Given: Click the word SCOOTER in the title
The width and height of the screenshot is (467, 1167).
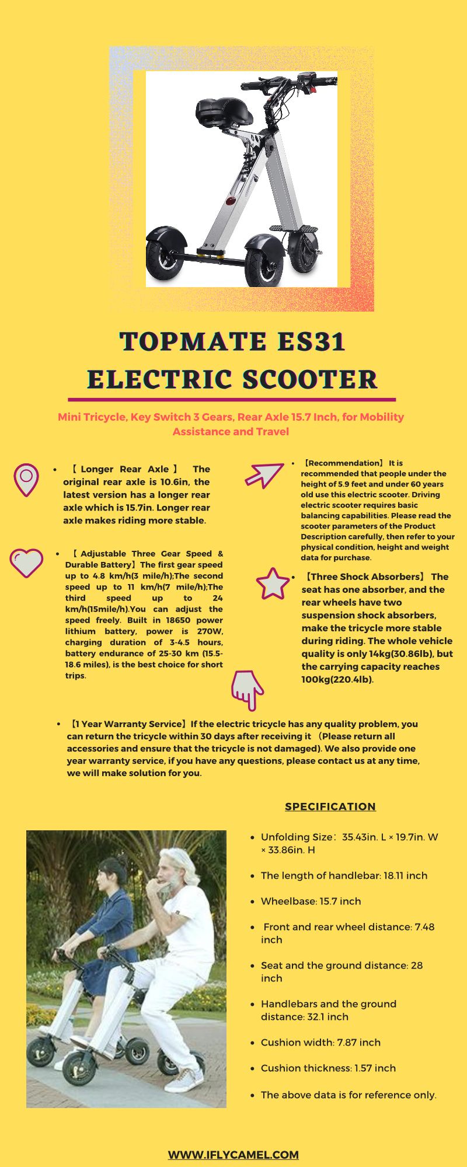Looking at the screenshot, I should [309, 379].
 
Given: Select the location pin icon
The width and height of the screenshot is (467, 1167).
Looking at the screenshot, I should [26, 479].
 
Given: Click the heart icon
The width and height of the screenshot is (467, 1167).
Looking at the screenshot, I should [26, 562].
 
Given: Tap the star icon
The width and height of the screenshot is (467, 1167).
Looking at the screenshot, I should [272, 583].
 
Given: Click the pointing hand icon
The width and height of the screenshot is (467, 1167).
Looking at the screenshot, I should [248, 689].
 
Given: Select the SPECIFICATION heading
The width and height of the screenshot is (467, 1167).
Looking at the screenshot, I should [330, 806].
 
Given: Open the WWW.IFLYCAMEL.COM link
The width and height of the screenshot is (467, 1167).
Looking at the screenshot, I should [233, 1155].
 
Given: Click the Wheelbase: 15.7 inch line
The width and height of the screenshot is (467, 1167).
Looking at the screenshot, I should [311, 901].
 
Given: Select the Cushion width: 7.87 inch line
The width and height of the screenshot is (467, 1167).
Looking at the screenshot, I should [320, 1042].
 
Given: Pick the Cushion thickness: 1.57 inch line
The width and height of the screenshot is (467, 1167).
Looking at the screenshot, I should [328, 1068].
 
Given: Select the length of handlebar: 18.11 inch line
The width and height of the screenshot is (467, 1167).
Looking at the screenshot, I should [344, 875].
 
